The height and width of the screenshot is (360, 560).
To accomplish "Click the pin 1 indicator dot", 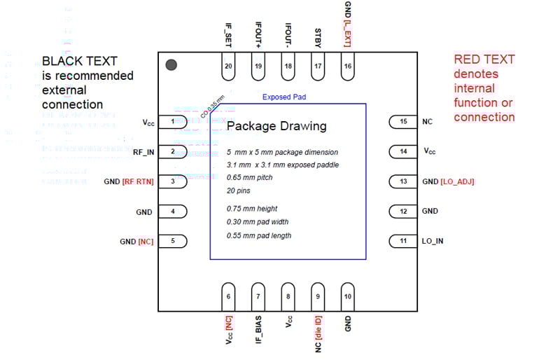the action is point(171,64).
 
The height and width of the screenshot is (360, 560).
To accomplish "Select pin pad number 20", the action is point(228,67).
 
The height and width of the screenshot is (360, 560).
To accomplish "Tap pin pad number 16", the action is point(347,67).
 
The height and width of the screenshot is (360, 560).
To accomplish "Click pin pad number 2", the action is point(173,151).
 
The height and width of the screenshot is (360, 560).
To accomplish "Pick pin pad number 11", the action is point(403,241).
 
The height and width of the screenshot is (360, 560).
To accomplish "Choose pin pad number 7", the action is point(258,297).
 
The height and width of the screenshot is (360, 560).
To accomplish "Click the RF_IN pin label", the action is point(143,152).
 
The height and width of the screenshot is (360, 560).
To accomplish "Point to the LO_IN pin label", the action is point(433,241).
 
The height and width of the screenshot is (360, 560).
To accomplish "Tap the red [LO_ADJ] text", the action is point(458,181).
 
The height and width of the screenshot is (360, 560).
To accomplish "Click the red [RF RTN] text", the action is point(138,181).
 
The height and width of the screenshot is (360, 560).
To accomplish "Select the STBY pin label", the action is point(318,38).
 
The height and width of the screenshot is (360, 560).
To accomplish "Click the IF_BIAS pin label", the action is point(258,330).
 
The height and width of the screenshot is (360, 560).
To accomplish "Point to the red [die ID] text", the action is point(318,328).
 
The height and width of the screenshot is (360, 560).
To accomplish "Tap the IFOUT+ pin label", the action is point(258,35).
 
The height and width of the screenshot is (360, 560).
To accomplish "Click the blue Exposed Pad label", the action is point(284,97).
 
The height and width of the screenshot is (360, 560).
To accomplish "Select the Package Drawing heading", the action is point(276,126).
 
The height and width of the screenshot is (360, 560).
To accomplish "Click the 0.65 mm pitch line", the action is point(250,178).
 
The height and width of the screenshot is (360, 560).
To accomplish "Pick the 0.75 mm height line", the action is point(252,209).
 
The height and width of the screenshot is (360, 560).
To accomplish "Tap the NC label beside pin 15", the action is point(427,122).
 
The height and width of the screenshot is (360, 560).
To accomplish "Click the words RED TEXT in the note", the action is point(484,60).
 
